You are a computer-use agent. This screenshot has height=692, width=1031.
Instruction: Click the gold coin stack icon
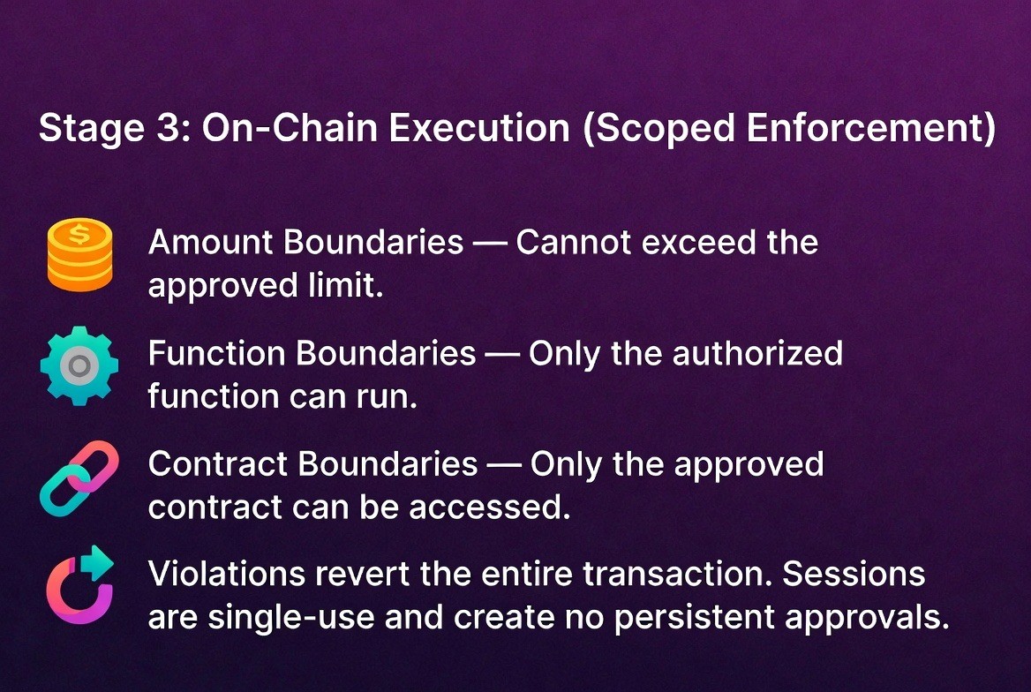tap(79, 255)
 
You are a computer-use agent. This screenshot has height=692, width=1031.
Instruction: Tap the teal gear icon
tap(79, 365)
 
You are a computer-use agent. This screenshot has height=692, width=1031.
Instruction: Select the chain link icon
tap(79, 478)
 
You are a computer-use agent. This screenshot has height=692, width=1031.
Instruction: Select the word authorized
tap(757, 353)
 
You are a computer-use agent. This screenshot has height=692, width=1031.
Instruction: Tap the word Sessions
tap(854, 575)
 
